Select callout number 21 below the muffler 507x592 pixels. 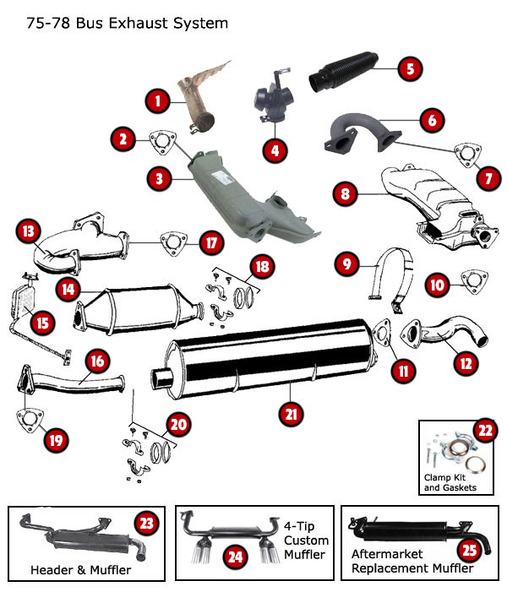(x=292, y=412)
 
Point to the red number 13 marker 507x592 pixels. (x=28, y=231)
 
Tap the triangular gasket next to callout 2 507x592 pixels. (x=159, y=140)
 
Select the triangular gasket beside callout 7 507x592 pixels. (x=464, y=153)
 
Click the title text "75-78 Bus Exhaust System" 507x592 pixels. (x=127, y=24)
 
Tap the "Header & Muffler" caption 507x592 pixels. (x=80, y=570)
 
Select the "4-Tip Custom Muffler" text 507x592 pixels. (x=307, y=540)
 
